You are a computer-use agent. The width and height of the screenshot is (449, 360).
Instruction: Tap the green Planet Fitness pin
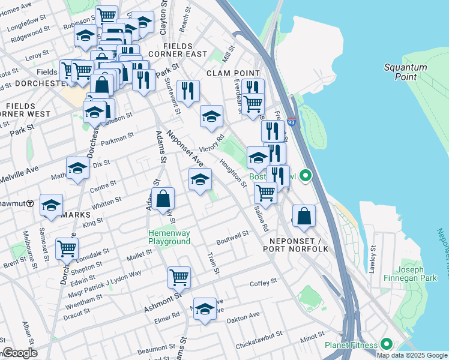coord(387,344)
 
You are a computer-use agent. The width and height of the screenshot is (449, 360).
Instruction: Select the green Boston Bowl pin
coord(306,176)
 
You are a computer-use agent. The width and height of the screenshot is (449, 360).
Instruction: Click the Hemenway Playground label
coord(169,237)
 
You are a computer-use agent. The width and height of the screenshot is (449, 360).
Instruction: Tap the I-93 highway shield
coord(291,121)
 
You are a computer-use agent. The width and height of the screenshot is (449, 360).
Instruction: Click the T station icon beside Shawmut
coord(30,204)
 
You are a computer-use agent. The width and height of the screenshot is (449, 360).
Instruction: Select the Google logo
coord(19,353)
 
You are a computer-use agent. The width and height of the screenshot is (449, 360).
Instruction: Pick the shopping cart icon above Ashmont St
coord(179,277)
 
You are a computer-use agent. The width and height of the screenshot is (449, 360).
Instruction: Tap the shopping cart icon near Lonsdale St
coord(67,248)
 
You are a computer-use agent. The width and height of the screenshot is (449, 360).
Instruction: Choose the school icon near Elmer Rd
coord(205,309)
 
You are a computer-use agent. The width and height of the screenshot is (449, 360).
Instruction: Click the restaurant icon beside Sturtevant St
coord(188,91)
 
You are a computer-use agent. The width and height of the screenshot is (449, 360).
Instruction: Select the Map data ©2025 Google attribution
coord(411,355)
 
